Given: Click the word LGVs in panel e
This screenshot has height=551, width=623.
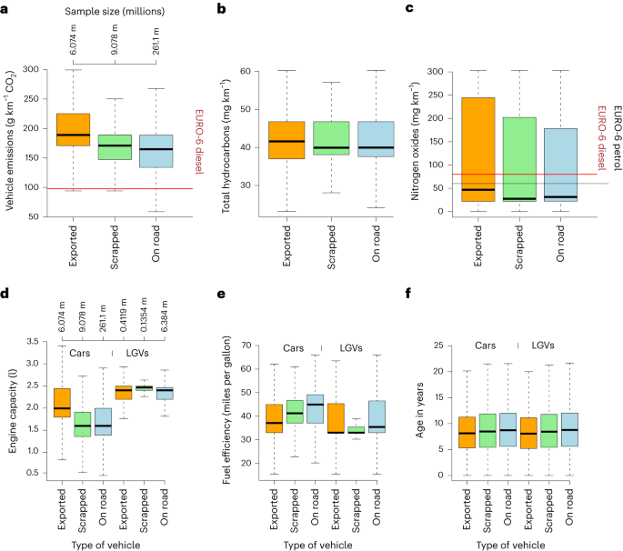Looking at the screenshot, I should (x=355, y=348).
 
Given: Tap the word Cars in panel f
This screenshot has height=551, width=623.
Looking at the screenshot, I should (x=492, y=346).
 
